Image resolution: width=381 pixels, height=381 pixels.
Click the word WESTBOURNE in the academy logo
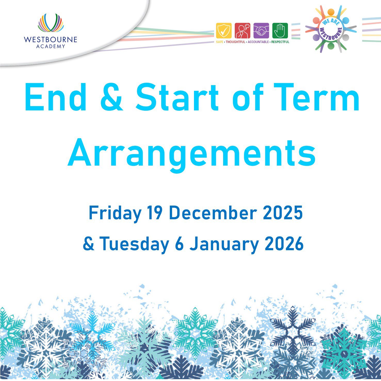[x=50, y=39]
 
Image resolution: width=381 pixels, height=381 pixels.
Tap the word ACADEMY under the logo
[x=51, y=46]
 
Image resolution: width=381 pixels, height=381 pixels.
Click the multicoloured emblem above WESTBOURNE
[x=51, y=23]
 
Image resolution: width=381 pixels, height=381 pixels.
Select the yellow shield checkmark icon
[x=224, y=31]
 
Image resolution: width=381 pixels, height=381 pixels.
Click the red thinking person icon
[x=242, y=31]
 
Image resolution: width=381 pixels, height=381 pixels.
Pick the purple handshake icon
[x=261, y=31]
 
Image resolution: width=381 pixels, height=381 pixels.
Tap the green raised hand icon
[x=280, y=31]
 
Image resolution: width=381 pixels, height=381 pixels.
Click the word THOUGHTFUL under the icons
[x=236, y=42]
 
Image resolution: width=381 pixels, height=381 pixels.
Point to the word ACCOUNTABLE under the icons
[x=258, y=42]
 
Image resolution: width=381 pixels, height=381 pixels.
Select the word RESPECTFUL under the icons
[x=280, y=42]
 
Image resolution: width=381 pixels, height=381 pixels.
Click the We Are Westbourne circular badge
[x=331, y=29]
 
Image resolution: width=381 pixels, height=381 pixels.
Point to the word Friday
[x=115, y=214]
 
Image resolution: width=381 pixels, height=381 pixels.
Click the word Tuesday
[x=134, y=244]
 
